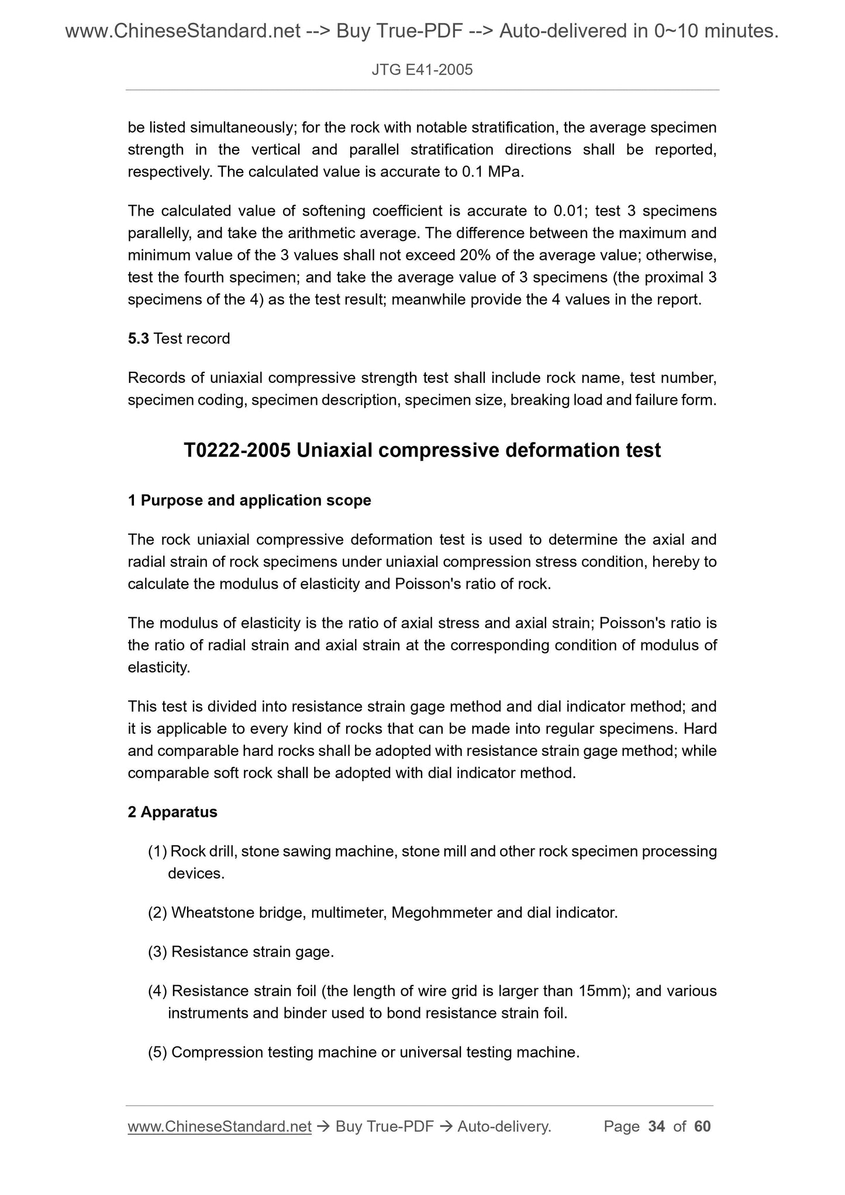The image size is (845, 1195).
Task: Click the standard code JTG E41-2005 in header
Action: pos(422,70)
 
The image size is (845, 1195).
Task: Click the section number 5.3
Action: pos(138,339)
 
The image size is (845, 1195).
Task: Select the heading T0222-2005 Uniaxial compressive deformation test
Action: pos(422,450)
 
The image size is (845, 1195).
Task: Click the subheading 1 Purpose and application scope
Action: pos(249,500)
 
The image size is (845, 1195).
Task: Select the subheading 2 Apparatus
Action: pos(173,812)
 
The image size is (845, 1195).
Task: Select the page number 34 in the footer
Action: pos(657,1126)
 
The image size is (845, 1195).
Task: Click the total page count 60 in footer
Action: pos(702,1126)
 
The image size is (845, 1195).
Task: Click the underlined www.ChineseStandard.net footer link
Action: pos(219,1126)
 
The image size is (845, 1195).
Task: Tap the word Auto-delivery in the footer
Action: pos(504,1126)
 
